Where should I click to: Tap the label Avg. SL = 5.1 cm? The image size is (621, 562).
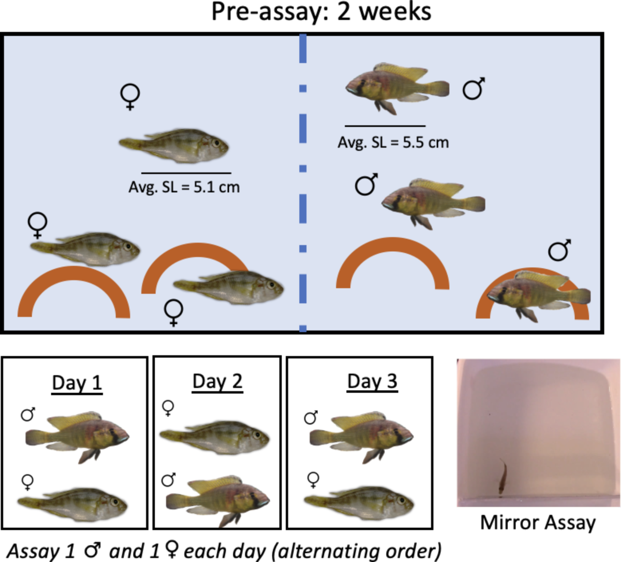tap(184, 186)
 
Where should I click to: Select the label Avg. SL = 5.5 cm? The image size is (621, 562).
tap(393, 142)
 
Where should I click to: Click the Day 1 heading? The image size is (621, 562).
tap(77, 383)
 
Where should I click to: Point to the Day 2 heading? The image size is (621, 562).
tap(217, 382)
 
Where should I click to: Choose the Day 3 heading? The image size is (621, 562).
tap(372, 382)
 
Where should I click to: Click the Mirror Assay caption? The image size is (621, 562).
tap(538, 522)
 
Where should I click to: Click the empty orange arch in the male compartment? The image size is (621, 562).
tap(393, 259)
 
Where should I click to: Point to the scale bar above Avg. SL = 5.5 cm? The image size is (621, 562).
tap(385, 126)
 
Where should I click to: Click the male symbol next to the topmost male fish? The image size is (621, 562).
tap(474, 89)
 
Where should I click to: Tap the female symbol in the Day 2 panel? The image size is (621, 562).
tap(168, 408)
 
